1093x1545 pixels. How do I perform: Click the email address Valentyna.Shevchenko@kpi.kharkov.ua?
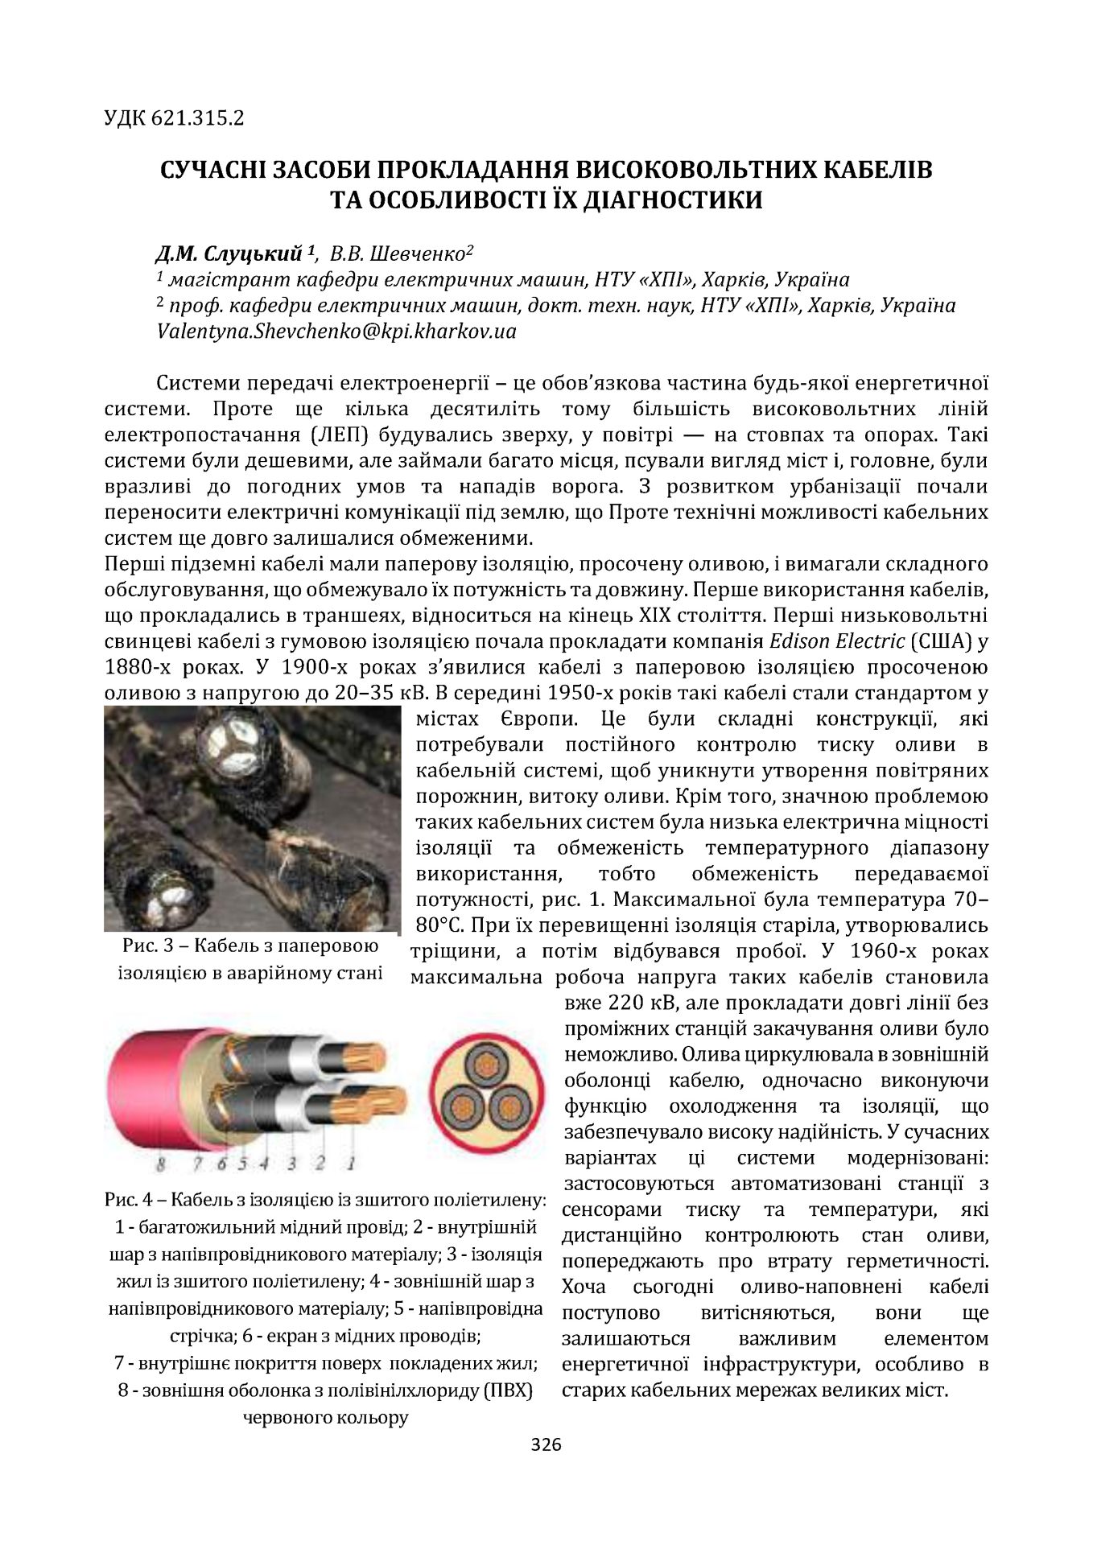tap(336, 331)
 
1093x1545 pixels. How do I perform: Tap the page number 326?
tap(546, 1444)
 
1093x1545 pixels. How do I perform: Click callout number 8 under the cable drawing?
tap(161, 1164)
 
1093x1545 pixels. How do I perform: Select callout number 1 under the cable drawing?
tap(350, 1163)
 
